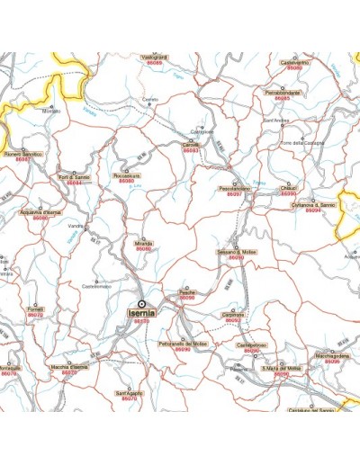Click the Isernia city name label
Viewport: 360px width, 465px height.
click(141, 312)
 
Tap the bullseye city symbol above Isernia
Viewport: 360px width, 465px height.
click(141, 303)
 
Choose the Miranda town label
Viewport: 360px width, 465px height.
click(142, 243)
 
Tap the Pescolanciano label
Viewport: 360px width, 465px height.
click(234, 188)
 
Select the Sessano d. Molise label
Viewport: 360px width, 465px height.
click(237, 253)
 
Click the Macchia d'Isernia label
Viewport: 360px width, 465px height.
click(69, 368)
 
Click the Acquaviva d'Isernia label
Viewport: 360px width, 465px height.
click(40, 211)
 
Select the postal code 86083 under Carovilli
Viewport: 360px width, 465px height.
click(190, 150)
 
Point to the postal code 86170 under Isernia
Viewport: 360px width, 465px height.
click(141, 321)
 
